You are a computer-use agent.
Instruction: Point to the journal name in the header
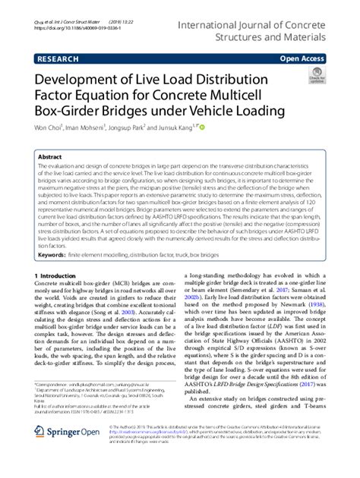point(269,17)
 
